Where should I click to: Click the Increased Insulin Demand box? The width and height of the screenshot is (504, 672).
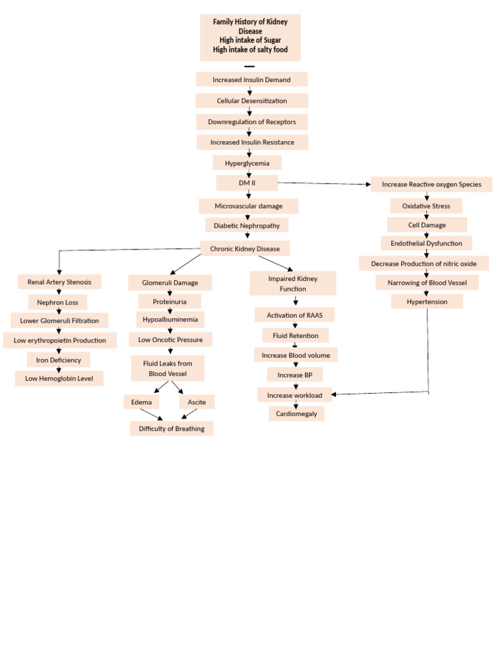[251, 79]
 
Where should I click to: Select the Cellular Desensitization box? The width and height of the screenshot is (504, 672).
[251, 100]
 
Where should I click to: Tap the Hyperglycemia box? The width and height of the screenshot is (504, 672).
[247, 162]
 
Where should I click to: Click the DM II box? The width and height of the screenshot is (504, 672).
[247, 182]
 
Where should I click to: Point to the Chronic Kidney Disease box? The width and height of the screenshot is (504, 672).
[245, 249]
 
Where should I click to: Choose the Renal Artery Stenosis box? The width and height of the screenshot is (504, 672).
[59, 282]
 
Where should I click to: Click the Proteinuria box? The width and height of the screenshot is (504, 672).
[169, 301]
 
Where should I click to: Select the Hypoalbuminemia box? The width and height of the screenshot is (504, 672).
[170, 320]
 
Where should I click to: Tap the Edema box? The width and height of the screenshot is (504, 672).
[141, 402]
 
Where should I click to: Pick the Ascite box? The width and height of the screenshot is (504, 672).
[196, 402]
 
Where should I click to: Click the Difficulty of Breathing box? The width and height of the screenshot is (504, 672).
[171, 429]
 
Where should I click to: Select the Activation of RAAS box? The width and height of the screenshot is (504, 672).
[295, 315]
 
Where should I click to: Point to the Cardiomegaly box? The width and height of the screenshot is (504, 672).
[296, 413]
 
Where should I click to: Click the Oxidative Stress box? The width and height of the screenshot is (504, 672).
[426, 206]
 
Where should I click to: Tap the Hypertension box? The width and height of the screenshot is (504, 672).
[427, 301]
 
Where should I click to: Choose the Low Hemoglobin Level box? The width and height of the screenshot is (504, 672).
[59, 378]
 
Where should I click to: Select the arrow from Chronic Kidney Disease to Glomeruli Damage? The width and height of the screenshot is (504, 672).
[186, 264]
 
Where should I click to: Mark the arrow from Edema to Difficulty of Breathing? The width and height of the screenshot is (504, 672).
[150, 415]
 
